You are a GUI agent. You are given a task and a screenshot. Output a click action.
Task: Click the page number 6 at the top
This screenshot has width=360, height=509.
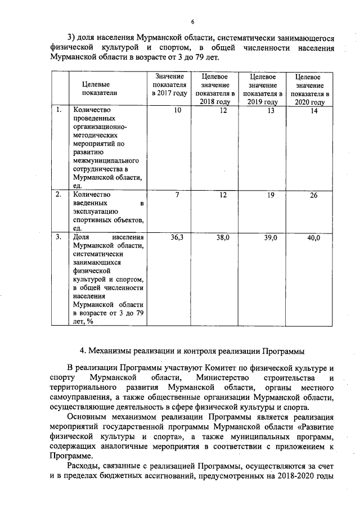192,22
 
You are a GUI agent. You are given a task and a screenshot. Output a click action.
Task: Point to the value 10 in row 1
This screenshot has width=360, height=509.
178,111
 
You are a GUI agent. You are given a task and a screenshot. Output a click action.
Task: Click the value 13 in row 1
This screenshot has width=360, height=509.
271,111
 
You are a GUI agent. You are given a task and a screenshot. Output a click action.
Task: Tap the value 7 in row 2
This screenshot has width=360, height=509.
178,195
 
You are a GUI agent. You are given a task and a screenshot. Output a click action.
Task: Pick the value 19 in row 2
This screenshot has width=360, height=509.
271,195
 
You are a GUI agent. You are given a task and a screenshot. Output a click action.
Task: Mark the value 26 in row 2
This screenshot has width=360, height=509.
314,195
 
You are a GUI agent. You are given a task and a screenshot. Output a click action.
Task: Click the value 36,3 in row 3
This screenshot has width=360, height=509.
177,238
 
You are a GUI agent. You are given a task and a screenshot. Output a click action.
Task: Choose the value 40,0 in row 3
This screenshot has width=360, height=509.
314,238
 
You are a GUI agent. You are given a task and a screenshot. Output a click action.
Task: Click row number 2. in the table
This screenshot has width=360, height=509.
58,195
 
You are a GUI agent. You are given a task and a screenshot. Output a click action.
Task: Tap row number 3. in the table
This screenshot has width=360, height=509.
58,237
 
